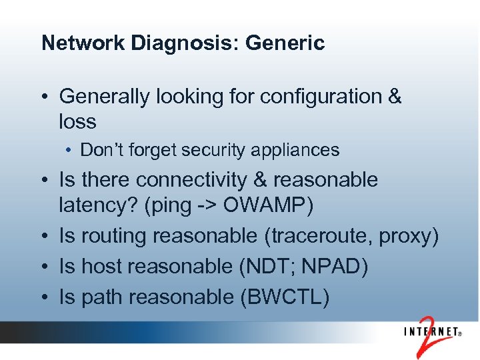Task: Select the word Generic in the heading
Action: (285, 43)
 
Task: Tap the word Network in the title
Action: (83, 43)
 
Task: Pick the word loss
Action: (77, 122)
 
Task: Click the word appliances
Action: (293, 150)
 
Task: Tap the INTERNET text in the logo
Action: (429, 333)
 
